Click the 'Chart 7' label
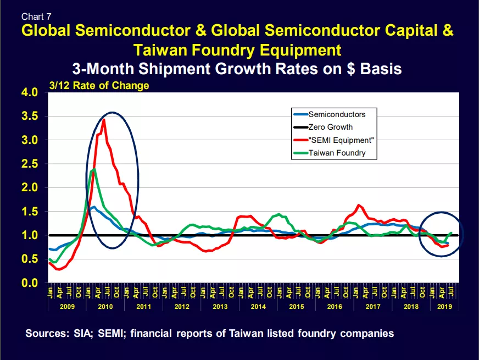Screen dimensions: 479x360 pos(36,16)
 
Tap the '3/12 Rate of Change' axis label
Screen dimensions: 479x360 pos(99,86)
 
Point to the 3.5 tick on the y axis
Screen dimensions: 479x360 pos(30,116)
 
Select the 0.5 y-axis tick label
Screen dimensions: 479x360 pos(30,259)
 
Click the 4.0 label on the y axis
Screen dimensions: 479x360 pos(30,92)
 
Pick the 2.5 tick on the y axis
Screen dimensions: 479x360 pos(30,164)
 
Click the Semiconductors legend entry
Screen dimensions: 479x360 pos(330,114)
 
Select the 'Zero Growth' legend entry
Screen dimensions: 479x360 pos(323,127)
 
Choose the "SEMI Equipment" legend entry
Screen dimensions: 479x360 pos(333,140)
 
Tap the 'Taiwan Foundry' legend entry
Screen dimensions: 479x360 pos(330,153)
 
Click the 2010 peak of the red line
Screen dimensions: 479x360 pos(104,119)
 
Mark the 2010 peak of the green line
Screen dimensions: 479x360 pos(94,169)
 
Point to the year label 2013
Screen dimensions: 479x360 pos(220,307)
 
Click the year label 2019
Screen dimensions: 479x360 pos(444,307)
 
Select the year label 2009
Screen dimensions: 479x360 pos(67,307)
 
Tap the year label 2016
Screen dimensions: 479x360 pos(335,307)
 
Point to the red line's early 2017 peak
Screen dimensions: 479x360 pos(359,205)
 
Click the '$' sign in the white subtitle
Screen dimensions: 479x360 pos(351,69)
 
